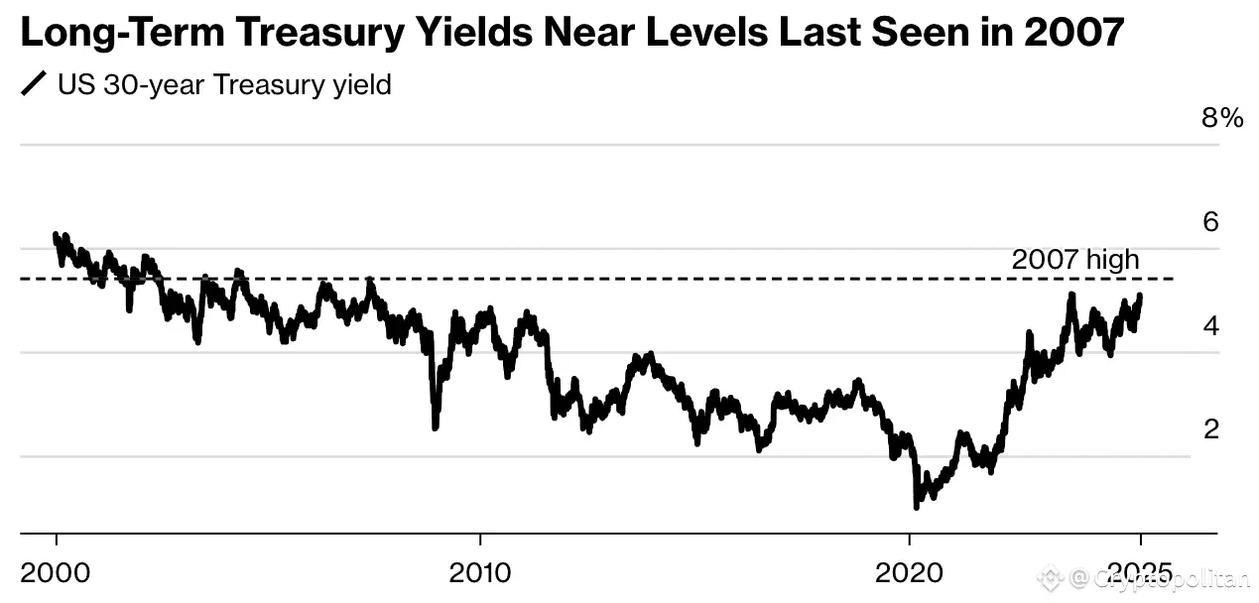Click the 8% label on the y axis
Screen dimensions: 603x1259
point(1221,119)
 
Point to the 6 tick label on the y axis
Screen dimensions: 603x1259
point(1210,222)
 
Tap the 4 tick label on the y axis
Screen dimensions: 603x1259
point(1210,326)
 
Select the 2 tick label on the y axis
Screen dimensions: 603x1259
point(1210,429)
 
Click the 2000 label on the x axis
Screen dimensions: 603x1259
point(57,574)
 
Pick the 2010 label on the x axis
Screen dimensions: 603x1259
point(480,574)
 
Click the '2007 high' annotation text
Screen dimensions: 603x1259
point(1075,261)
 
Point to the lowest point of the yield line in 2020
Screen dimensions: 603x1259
point(916,507)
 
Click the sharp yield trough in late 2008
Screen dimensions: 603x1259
point(436,427)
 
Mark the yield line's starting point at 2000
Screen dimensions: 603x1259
point(56,234)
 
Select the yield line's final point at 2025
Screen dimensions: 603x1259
point(1140,296)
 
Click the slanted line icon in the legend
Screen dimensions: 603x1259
point(34,85)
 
